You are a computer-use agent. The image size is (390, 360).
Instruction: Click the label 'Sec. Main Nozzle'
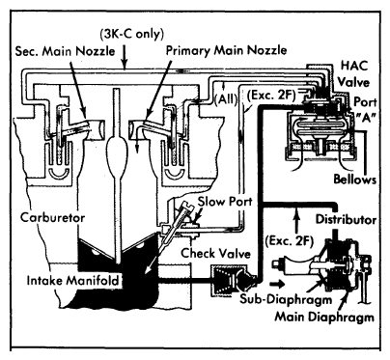click(x=65, y=51)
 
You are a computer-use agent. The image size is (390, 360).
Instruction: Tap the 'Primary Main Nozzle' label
click(x=226, y=50)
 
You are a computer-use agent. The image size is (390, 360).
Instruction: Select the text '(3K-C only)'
click(x=132, y=34)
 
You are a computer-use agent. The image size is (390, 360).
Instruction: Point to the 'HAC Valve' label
click(x=354, y=73)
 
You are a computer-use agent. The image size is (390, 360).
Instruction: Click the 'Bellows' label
click(x=354, y=179)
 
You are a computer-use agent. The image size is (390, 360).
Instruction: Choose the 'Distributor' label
click(x=346, y=219)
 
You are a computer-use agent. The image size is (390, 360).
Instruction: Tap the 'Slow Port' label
click(x=225, y=202)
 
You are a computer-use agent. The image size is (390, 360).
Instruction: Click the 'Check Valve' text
click(x=215, y=253)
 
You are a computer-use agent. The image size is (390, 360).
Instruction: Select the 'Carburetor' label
click(x=52, y=217)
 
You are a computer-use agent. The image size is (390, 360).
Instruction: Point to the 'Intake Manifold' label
click(x=72, y=280)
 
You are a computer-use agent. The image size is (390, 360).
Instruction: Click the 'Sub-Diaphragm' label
click(x=286, y=299)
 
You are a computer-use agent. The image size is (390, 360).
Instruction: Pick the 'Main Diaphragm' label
click(x=324, y=317)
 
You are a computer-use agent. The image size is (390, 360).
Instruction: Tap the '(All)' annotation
click(x=226, y=99)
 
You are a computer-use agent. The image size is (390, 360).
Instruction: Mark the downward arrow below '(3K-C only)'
click(x=125, y=56)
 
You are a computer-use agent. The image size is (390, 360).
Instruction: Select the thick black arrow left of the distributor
click(x=277, y=284)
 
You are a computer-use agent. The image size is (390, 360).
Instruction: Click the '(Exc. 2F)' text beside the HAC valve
click(x=270, y=96)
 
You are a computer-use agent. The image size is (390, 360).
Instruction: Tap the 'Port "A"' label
click(x=365, y=110)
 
